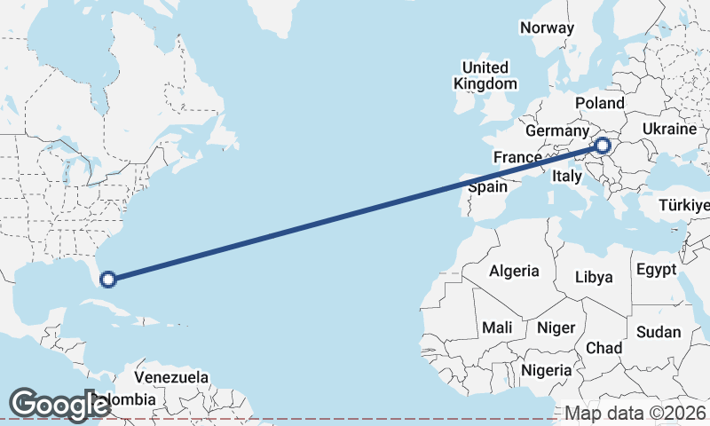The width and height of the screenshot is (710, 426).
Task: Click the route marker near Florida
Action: pos(108,280)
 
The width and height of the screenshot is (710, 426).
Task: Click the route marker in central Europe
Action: pos(603,145)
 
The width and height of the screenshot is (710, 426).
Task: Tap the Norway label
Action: pos(548,28)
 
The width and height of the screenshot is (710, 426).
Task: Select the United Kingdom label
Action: pos(485,75)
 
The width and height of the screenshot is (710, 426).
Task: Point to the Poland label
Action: pos(599,103)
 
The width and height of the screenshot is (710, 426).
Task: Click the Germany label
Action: pos(557,130)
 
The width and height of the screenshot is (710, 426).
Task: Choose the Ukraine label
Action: pos(669,129)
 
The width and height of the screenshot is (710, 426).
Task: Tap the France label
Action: pos(517,157)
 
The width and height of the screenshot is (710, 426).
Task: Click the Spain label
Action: pos(488,187)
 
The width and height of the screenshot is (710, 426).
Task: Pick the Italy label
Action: pos(567,177)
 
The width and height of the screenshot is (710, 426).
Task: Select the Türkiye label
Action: pos(685,206)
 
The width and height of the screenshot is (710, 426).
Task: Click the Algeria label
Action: pos(515,271)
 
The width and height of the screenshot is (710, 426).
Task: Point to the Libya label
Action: pos(594,277)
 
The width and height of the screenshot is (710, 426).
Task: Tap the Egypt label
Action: pos(656,269)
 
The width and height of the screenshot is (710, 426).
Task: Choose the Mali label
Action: pos(497,327)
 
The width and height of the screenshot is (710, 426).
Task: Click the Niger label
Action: pos(556,327)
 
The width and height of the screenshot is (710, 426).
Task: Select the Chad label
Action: pos(603,348)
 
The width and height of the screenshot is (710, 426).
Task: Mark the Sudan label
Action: pos(658,333)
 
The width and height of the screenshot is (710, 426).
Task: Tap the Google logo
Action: pos(59,405)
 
